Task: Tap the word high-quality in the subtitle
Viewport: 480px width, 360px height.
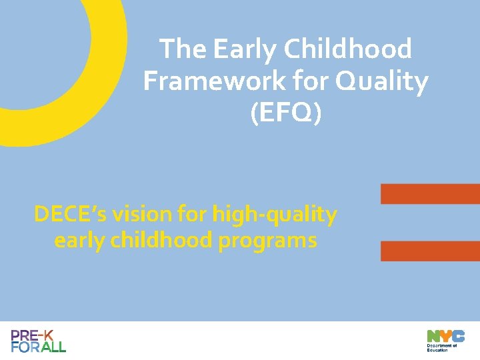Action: [275, 215]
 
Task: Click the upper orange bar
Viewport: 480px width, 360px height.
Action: [430, 193]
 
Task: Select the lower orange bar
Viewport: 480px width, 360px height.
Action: [430, 251]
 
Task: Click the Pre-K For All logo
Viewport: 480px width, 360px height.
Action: [39, 341]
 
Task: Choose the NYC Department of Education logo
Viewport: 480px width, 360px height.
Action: [445, 340]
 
